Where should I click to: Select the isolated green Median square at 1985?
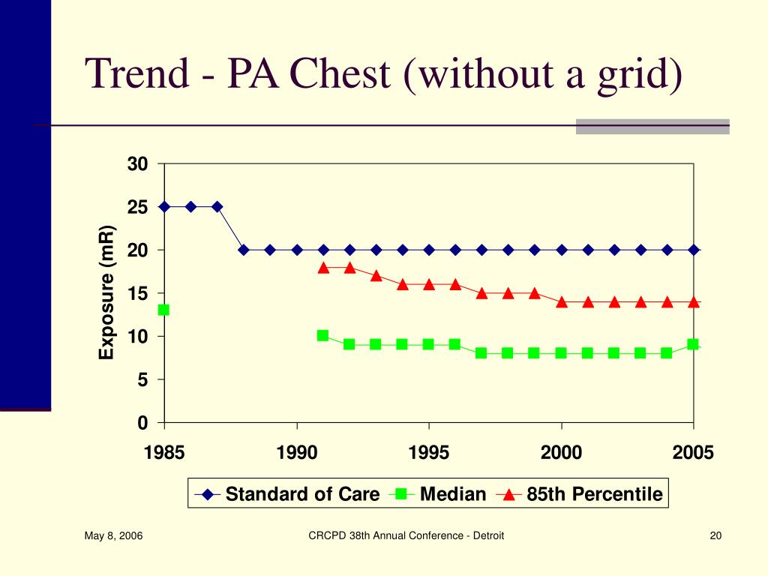click(x=163, y=310)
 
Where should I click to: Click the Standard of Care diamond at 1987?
click(x=217, y=207)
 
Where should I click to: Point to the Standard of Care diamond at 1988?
click(x=244, y=250)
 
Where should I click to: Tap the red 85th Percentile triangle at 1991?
click(x=323, y=268)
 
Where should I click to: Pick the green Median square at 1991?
click(x=322, y=335)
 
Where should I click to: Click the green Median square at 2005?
click(x=692, y=344)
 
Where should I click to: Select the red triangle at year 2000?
click(x=561, y=302)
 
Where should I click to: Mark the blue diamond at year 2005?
click(x=694, y=250)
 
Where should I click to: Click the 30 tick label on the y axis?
click(x=138, y=164)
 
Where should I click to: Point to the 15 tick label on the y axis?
click(x=138, y=293)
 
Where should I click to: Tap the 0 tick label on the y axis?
click(x=142, y=423)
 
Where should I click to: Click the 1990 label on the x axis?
click(x=297, y=452)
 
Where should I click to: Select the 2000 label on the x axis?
click(x=561, y=452)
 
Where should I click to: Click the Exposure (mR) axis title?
click(x=106, y=293)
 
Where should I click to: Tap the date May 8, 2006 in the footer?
click(x=114, y=535)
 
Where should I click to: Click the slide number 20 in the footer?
click(x=715, y=535)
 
